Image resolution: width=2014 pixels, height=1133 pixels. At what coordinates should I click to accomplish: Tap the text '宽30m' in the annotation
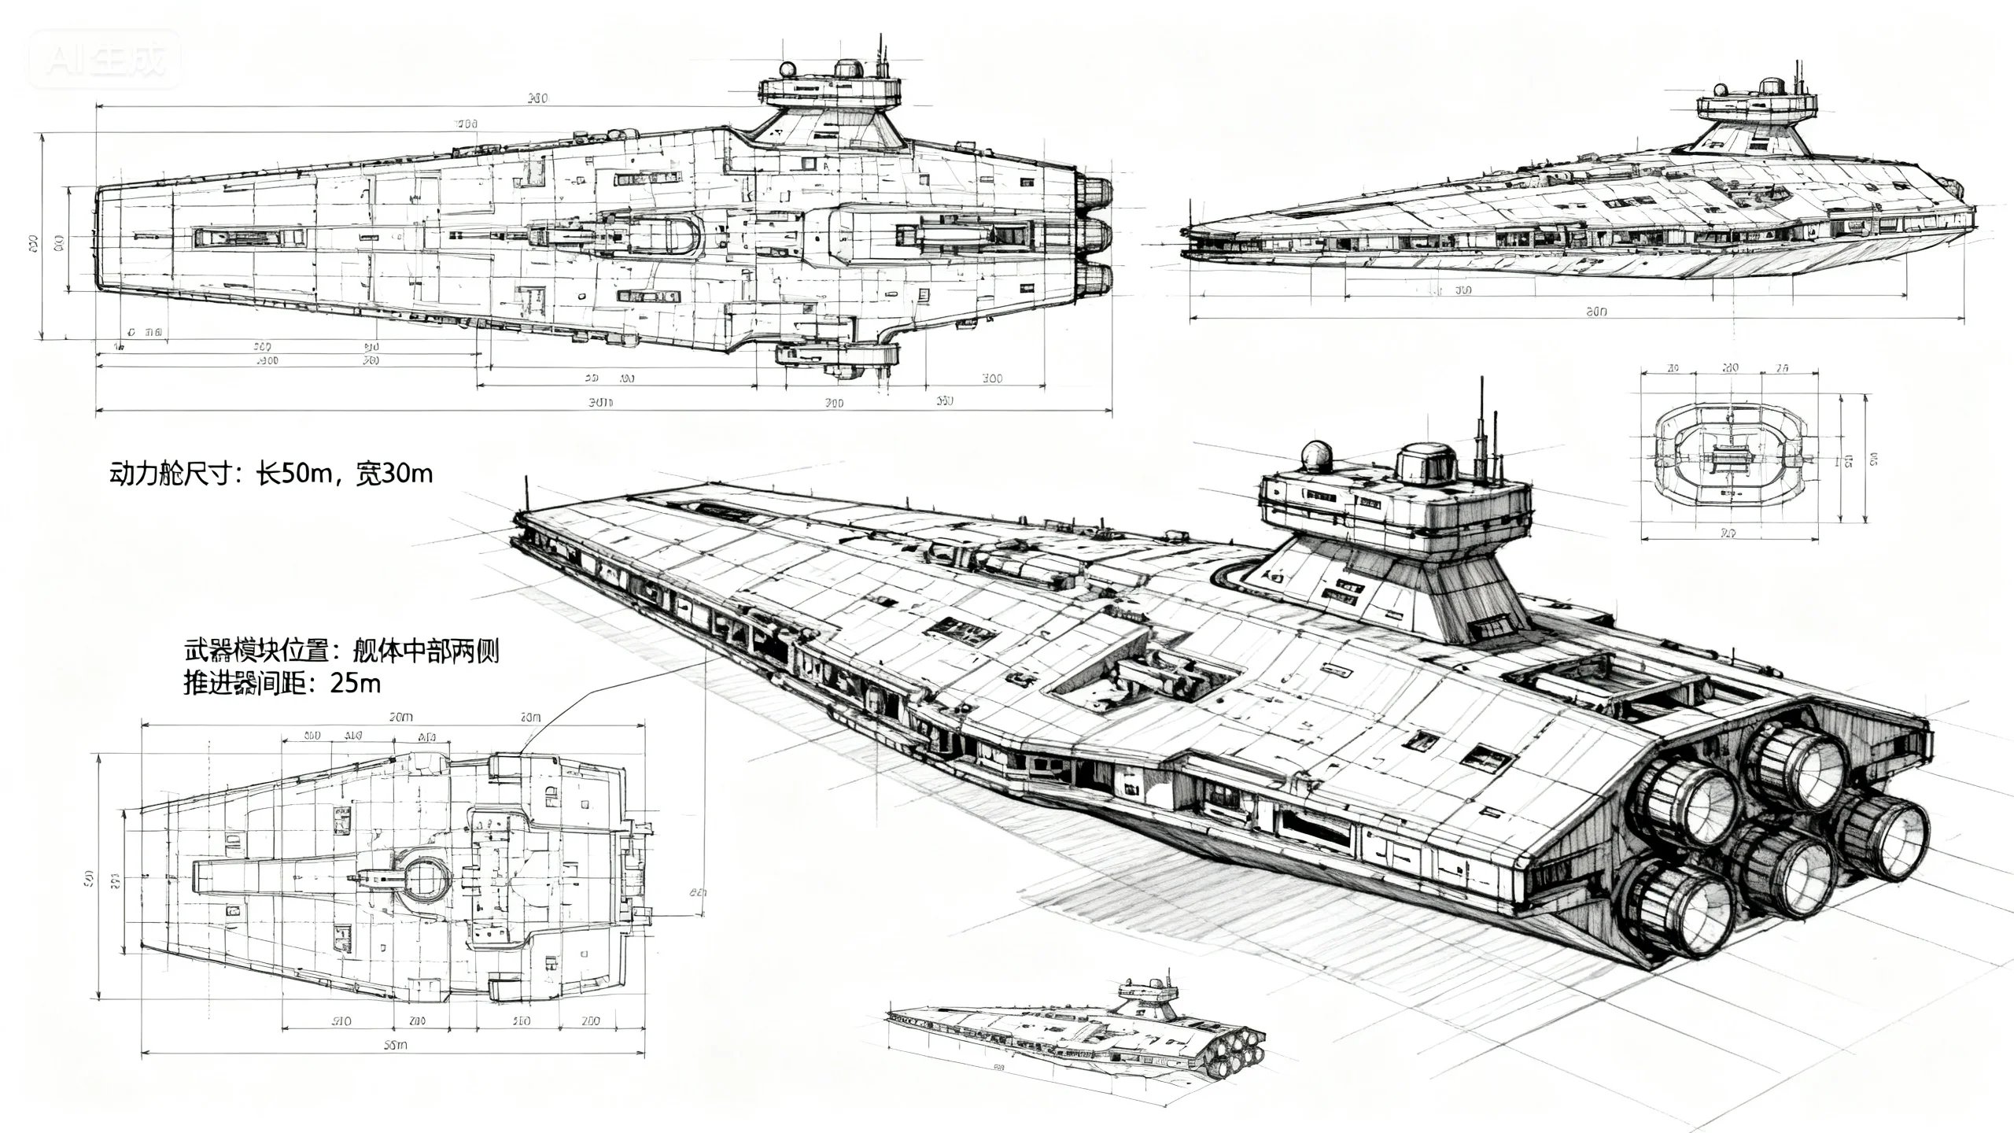pos(393,474)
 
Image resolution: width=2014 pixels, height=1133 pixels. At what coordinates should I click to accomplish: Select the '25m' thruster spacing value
pos(355,682)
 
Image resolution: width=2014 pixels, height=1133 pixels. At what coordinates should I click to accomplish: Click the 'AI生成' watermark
pos(105,60)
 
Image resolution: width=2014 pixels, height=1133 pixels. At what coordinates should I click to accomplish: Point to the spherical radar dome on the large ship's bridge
pos(1317,456)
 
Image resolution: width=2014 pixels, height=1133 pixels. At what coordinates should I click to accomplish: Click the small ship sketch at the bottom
pos(1078,1031)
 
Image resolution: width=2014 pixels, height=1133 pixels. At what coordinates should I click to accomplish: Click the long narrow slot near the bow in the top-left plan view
pos(249,236)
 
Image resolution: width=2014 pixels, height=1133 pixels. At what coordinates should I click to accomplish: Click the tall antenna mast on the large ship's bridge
pos(1481,429)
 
